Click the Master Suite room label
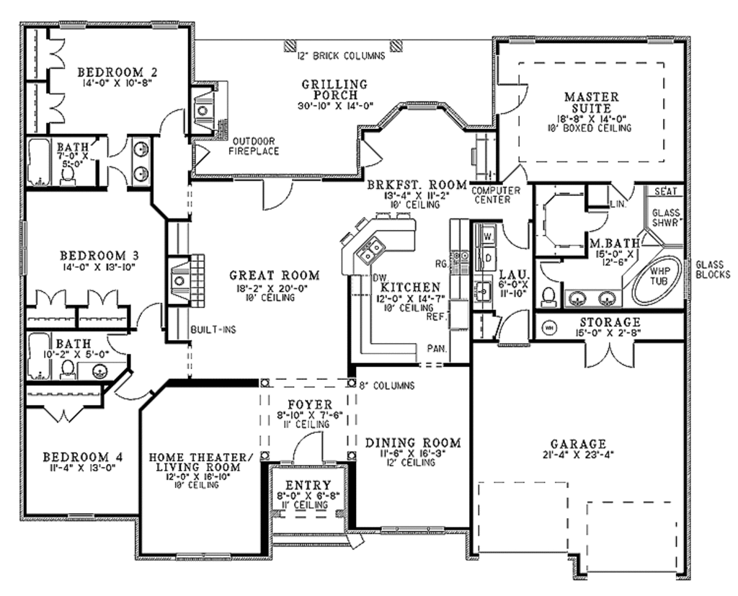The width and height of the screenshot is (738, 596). (x=591, y=102)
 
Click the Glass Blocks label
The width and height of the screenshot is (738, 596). (x=712, y=269)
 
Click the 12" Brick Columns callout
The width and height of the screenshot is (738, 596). (x=341, y=55)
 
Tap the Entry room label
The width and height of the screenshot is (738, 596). (x=308, y=485)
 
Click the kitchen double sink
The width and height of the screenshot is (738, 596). (x=372, y=250)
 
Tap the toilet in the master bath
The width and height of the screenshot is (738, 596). (x=551, y=296)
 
